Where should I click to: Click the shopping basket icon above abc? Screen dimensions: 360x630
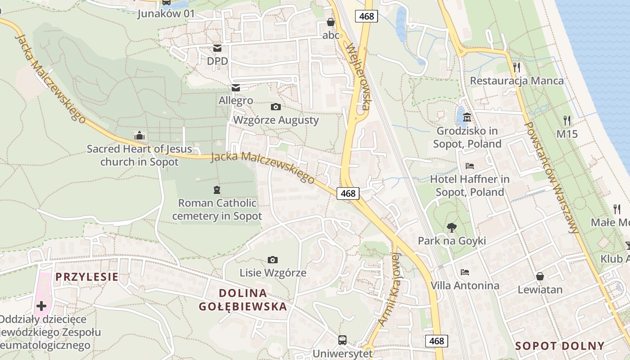click(x=331, y=22)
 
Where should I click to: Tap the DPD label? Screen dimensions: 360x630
click(x=217, y=61)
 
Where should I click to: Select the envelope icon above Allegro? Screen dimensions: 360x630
click(x=235, y=87)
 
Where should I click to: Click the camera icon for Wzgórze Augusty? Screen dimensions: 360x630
click(x=276, y=107)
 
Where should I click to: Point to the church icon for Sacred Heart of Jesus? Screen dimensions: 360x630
click(x=139, y=135)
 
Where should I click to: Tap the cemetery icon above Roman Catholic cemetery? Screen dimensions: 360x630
click(x=217, y=190)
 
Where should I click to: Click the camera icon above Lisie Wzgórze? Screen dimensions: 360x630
click(x=272, y=260)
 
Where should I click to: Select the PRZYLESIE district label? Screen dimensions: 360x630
click(x=87, y=277)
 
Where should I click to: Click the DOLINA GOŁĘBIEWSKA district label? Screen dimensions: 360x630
click(x=243, y=300)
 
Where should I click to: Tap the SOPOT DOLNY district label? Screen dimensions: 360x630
click(x=560, y=346)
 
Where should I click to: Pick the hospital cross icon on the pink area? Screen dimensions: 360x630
click(x=41, y=306)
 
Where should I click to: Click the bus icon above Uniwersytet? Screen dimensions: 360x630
click(x=342, y=340)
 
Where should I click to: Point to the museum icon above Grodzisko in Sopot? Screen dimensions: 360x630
click(x=467, y=118)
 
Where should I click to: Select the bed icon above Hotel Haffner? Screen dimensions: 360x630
click(x=470, y=166)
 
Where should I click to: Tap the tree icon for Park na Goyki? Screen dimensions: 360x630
click(x=451, y=228)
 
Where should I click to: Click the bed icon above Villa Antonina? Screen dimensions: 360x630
click(x=465, y=272)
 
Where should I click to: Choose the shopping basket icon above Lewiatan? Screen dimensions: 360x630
click(x=540, y=276)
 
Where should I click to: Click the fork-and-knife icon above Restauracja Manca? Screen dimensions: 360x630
click(x=517, y=67)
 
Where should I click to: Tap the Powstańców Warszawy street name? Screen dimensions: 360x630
click(x=551, y=177)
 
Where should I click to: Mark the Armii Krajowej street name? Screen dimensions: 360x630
click(x=390, y=288)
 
